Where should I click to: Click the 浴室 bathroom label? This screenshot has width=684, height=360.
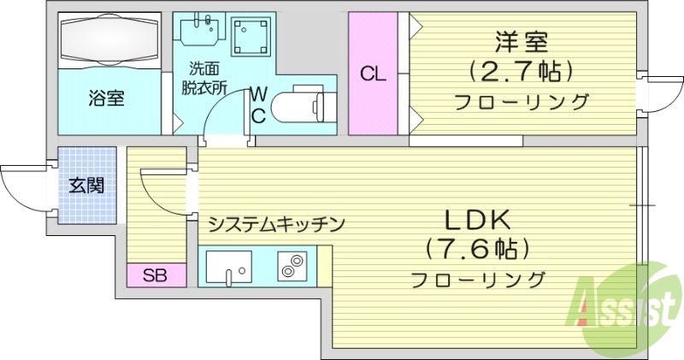point(106,98)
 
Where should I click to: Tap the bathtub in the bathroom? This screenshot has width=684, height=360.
point(109,40)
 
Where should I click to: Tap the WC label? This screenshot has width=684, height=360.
point(256,103)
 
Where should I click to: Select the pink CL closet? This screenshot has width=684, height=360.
point(372,74)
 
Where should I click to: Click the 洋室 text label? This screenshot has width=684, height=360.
point(521,40)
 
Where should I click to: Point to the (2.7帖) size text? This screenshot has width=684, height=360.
point(521,70)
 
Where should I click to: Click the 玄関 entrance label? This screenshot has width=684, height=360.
point(86,185)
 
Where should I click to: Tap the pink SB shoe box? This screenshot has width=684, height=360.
point(155,275)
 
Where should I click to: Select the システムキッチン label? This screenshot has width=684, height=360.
point(276,224)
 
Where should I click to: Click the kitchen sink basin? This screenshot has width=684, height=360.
point(229,267)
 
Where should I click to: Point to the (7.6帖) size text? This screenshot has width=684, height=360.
point(477,248)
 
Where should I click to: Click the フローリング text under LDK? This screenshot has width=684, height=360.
point(477,279)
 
